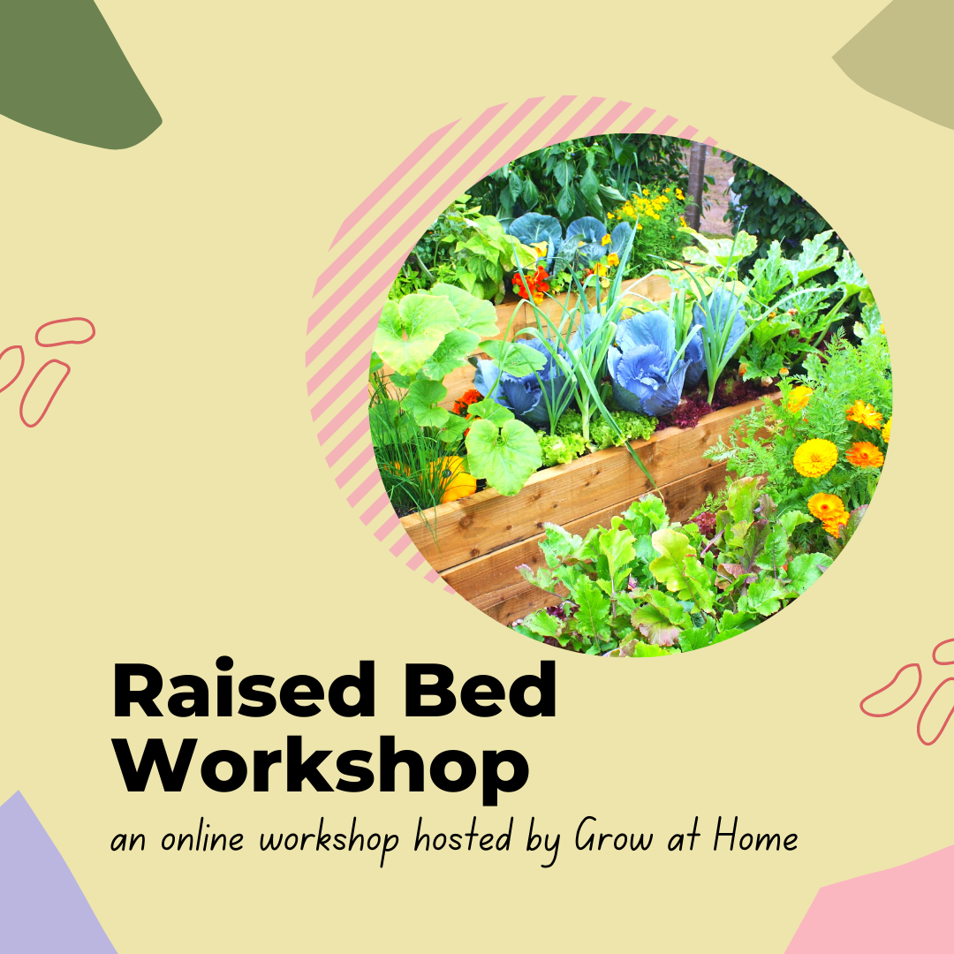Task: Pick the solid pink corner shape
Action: [883, 910]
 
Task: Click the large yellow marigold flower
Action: [814, 458]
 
